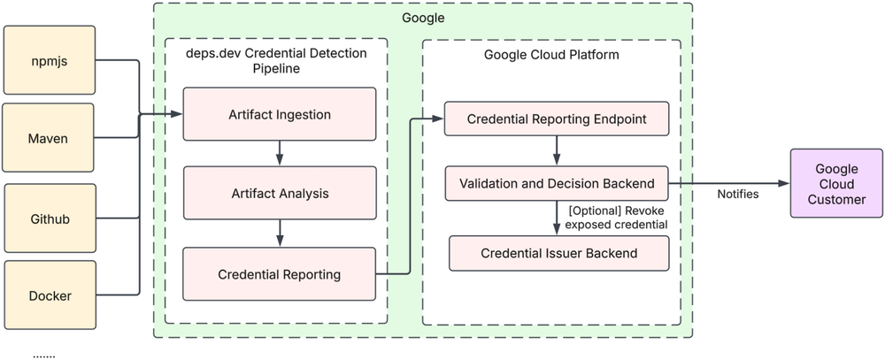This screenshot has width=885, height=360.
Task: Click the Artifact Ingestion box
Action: pos(279,113)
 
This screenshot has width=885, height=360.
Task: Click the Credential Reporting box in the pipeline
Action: pos(279,274)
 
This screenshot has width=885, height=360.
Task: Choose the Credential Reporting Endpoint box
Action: pos(556,119)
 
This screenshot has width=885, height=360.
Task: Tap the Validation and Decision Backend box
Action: pos(556,184)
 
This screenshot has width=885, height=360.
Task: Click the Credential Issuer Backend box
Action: pos(556,253)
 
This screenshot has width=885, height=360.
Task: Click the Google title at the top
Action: pos(423,17)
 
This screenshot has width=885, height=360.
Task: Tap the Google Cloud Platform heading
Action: pos(550,54)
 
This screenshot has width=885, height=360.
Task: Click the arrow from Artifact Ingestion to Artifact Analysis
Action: pos(279,152)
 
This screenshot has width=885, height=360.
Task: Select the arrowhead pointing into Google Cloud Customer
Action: pos(782,184)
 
